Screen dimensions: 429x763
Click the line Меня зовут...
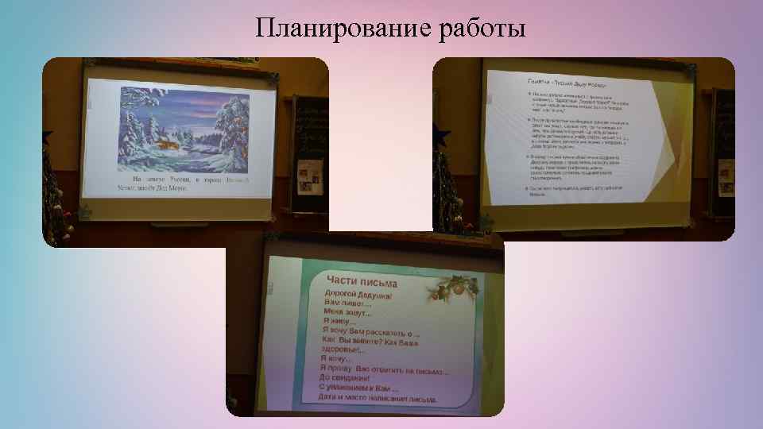click(x=346, y=315)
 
